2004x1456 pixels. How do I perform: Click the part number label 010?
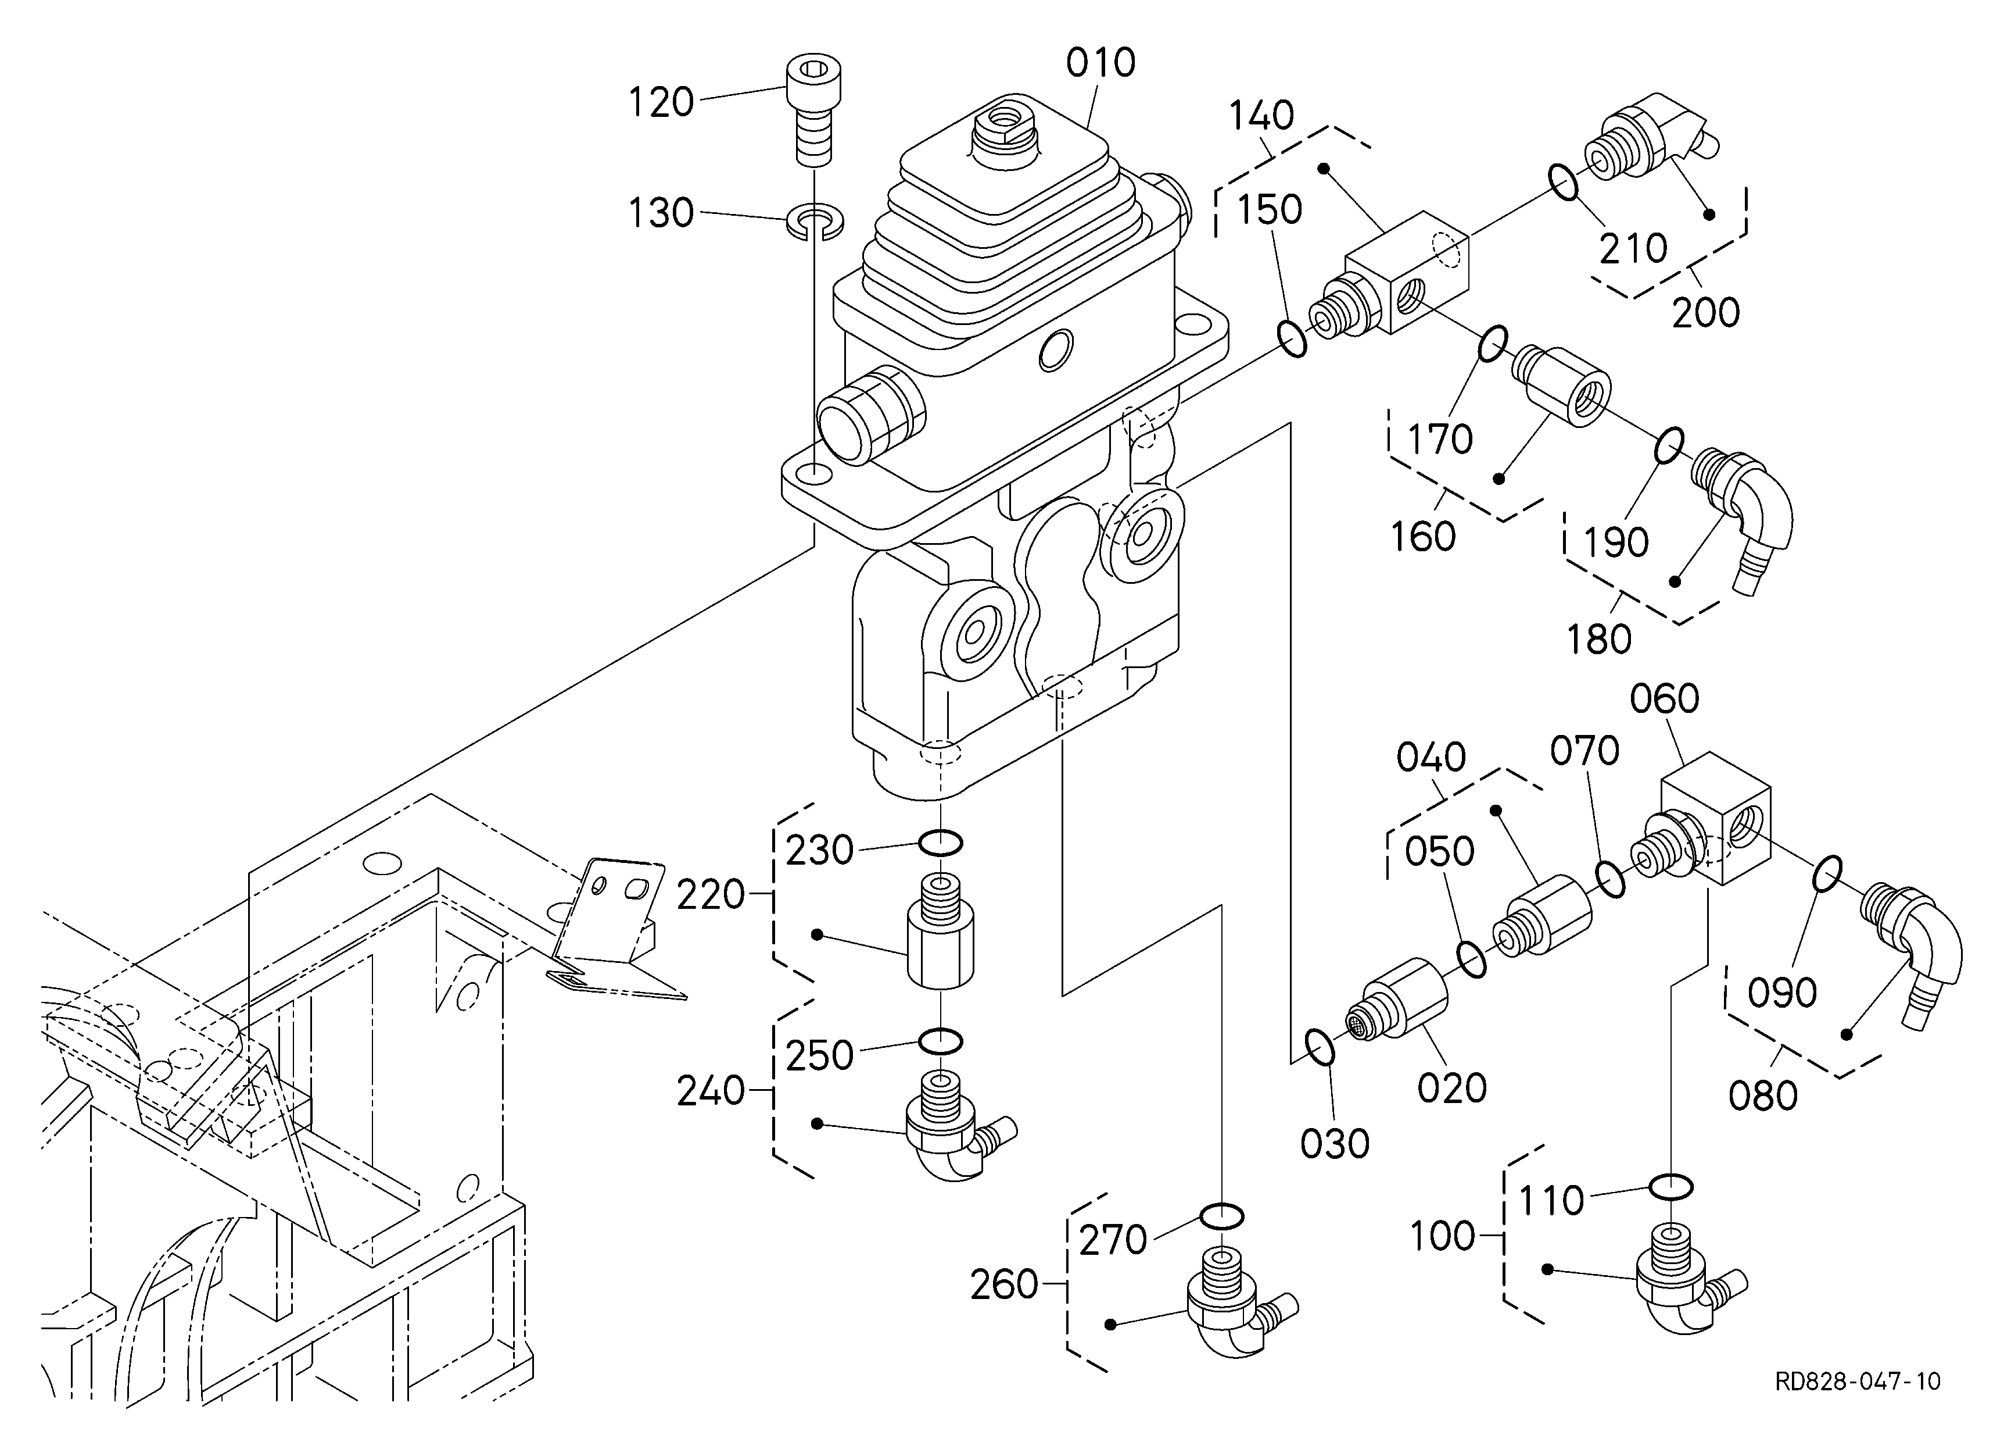click(x=1100, y=63)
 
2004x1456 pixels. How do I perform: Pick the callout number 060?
click(x=1665, y=700)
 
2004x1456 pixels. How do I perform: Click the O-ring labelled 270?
click(x=1221, y=1218)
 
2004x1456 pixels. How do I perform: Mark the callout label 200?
click(x=1705, y=313)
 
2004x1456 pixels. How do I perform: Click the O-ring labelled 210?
click(x=1563, y=182)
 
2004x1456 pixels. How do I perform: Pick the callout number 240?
click(x=711, y=1093)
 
